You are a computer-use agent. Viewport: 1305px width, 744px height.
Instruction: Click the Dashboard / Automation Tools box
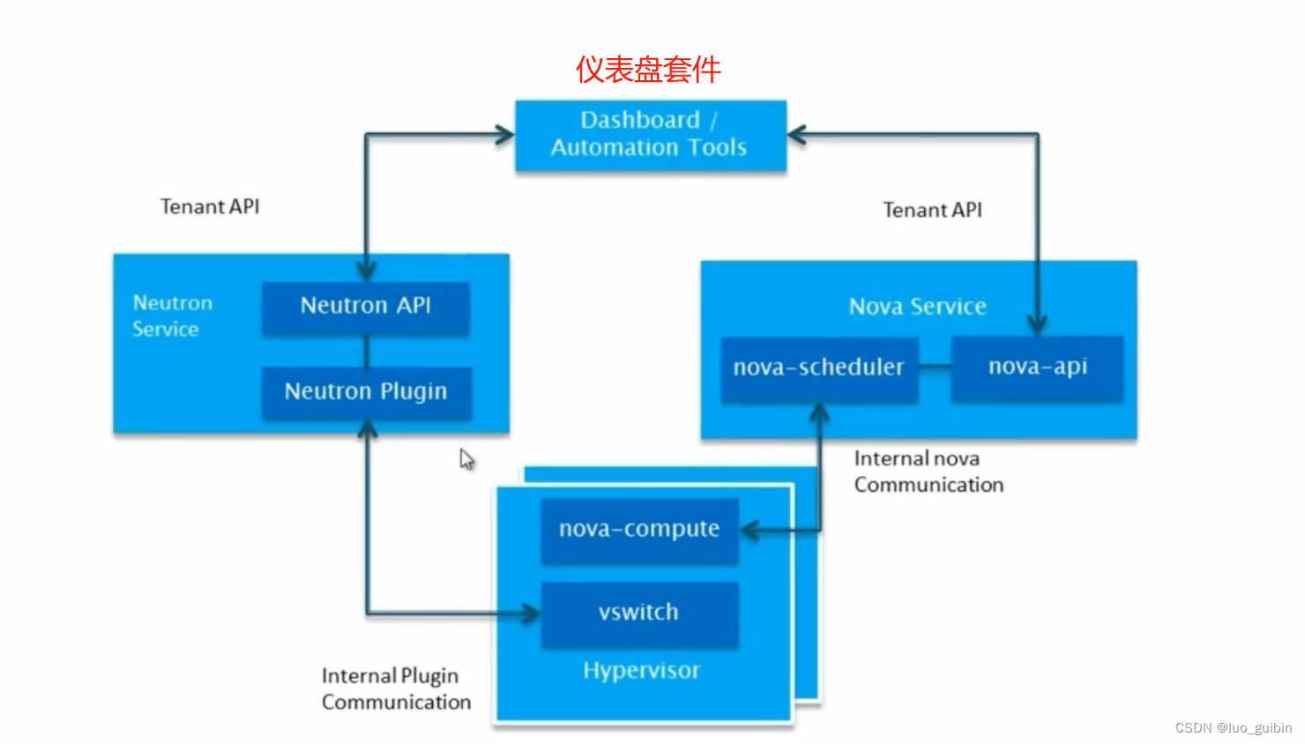[651, 135]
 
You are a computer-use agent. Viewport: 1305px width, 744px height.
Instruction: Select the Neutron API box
[366, 308]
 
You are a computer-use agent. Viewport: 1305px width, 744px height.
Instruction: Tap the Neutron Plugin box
[367, 392]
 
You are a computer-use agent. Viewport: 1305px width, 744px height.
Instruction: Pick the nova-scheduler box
[819, 368]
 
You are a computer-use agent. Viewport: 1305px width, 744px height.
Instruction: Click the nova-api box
[1038, 368]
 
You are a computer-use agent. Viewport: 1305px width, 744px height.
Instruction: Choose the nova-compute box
[639, 530]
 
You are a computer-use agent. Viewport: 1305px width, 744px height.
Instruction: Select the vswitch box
[639, 614]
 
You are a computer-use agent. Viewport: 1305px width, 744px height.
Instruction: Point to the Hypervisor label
[641, 671]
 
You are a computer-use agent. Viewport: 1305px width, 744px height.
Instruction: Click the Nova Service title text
[918, 306]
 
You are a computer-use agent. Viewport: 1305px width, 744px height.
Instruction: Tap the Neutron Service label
[173, 316]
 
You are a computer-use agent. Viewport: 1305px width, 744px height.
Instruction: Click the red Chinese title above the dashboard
[648, 70]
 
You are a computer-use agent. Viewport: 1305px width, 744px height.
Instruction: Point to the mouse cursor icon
[466, 459]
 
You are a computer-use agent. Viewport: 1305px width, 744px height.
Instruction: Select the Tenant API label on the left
[210, 206]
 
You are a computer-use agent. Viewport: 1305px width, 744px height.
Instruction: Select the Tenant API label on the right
[933, 210]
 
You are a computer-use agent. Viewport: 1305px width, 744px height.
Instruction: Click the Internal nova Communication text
[928, 472]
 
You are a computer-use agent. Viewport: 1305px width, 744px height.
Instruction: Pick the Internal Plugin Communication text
[396, 688]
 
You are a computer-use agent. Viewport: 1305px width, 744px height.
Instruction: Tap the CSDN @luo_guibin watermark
[1234, 727]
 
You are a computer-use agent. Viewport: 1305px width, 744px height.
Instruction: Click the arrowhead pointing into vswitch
[530, 613]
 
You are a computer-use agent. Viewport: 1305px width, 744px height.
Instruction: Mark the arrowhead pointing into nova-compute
[750, 530]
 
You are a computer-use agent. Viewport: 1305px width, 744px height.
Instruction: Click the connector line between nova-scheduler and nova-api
[935, 367]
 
